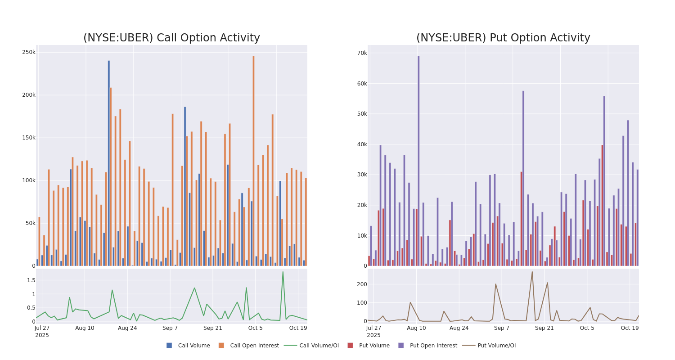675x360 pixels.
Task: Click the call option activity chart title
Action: coord(171,38)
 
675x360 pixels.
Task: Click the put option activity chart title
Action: coord(503,38)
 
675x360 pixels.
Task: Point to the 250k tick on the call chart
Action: coord(28,52)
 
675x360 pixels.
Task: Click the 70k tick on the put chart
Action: coord(362,53)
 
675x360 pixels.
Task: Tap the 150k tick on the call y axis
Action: coord(28,138)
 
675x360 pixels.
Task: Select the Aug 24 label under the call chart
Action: coord(127,328)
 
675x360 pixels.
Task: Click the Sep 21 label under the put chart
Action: coord(544,328)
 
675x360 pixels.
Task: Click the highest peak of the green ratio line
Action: coord(283,272)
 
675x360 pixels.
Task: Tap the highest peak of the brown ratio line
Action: coord(532,272)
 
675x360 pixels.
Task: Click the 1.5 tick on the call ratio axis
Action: coord(31,280)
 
